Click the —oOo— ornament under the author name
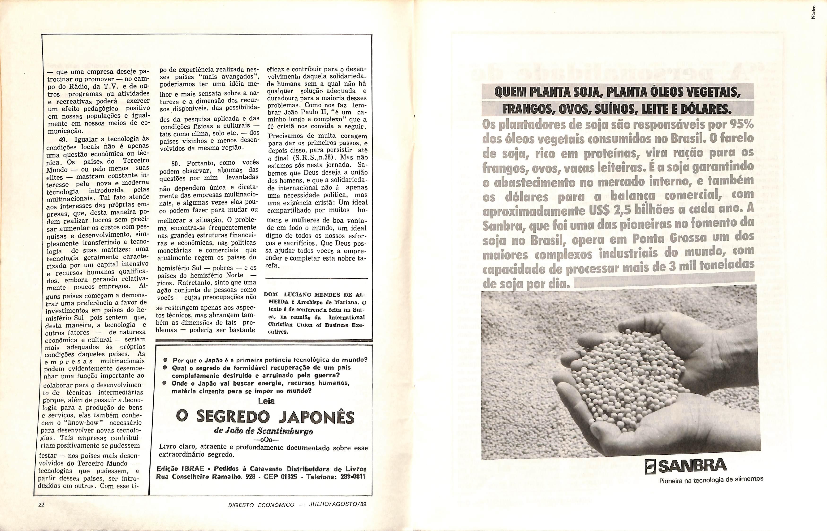click(x=266, y=440)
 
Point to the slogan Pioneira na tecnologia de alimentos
click(x=711, y=479)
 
